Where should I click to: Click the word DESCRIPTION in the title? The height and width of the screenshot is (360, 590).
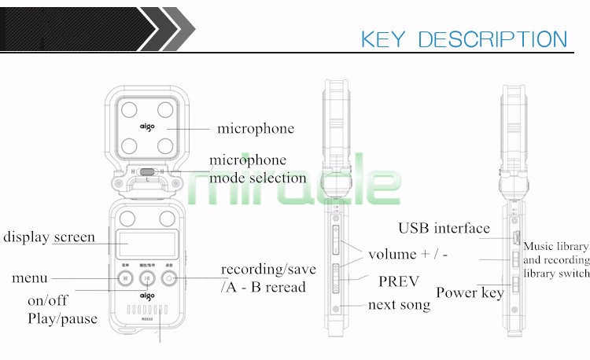tap(492, 39)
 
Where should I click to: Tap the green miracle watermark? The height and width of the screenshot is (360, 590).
tap(295, 185)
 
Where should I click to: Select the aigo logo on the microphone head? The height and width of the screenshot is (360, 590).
tap(147, 126)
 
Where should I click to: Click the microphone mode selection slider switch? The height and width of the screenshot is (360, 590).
tap(148, 170)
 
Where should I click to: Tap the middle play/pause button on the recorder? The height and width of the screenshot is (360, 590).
tap(147, 277)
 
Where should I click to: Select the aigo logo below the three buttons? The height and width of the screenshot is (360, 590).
tap(147, 296)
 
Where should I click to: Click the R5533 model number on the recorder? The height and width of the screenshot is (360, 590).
tap(147, 309)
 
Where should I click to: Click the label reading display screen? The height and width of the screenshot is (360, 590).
tap(49, 237)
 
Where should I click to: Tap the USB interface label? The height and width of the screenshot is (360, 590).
tap(444, 229)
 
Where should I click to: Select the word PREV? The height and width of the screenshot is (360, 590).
tap(400, 281)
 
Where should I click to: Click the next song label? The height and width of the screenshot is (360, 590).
tap(400, 304)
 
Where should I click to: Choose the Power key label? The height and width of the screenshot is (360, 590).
tap(470, 292)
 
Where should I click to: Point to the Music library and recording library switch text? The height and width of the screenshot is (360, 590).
tap(555, 259)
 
